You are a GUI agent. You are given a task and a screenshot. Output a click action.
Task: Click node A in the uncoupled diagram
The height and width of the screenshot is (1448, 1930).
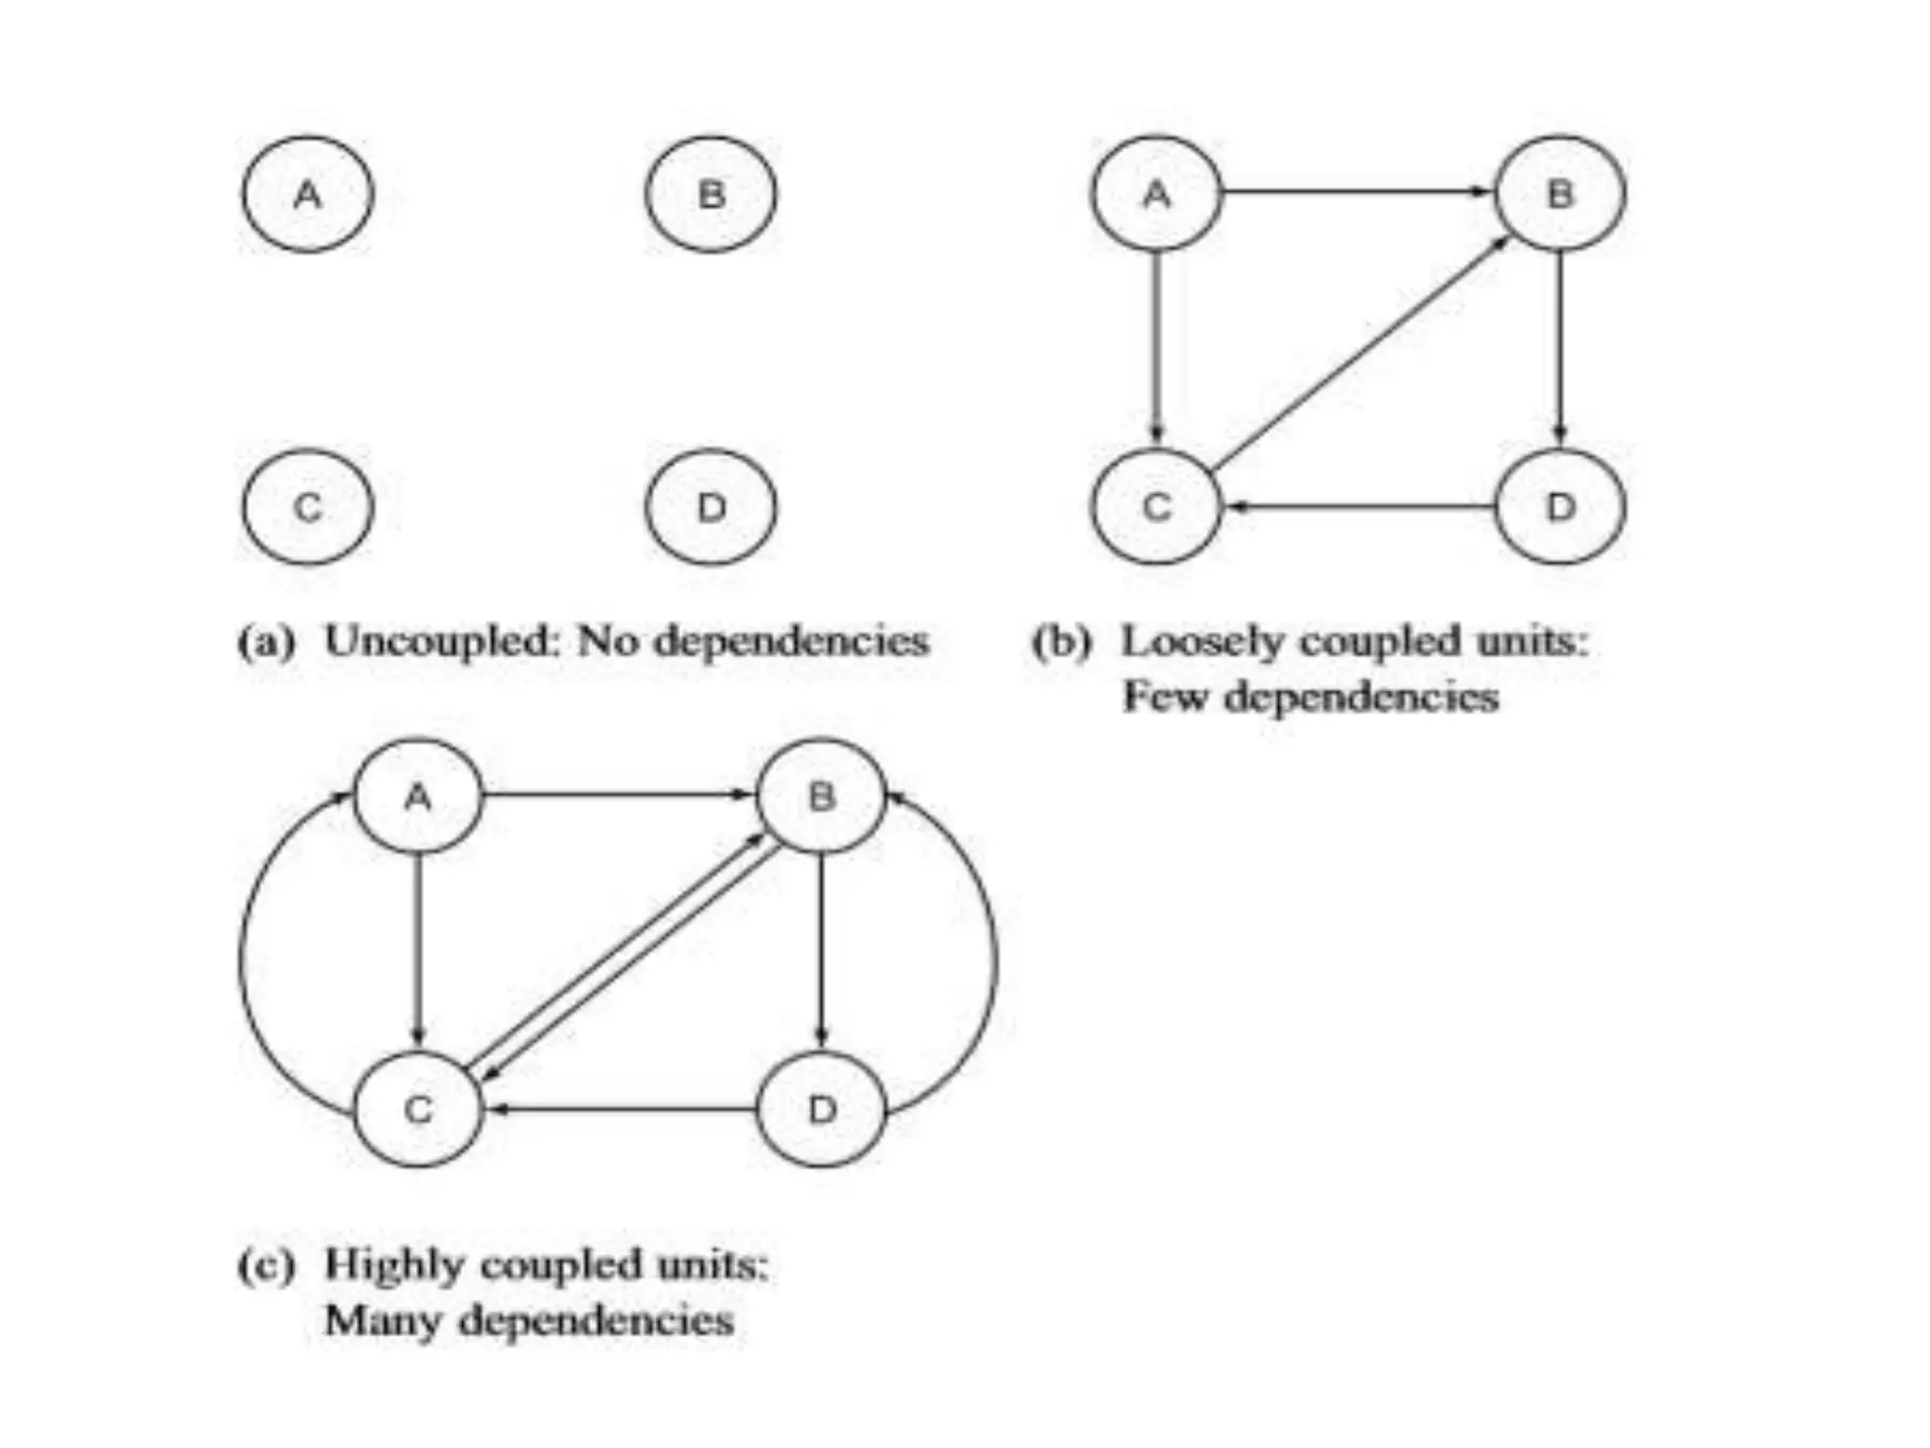[308, 194]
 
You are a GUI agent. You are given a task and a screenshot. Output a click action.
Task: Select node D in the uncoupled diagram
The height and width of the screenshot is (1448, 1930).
[711, 507]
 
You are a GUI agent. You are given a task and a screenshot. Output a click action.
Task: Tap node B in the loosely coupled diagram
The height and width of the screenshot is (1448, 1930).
[1561, 193]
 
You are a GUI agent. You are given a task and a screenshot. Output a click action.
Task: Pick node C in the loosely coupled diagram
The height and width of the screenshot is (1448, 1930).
[1156, 507]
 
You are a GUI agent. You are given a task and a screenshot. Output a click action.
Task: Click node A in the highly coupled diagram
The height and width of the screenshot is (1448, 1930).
[417, 797]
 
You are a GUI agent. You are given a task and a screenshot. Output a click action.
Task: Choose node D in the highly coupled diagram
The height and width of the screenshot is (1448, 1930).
[822, 1110]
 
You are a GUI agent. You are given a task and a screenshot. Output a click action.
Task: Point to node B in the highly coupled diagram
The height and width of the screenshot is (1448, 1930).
[822, 797]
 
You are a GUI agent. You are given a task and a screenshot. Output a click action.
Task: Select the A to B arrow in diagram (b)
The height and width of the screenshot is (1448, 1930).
[1357, 192]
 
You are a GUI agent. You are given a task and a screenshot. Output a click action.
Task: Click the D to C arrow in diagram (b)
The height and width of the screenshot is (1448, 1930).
[1357, 507]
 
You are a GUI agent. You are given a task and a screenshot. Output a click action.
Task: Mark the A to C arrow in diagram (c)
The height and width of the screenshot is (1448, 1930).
[417, 952]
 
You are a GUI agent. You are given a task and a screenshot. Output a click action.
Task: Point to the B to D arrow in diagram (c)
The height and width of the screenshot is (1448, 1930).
[822, 952]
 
